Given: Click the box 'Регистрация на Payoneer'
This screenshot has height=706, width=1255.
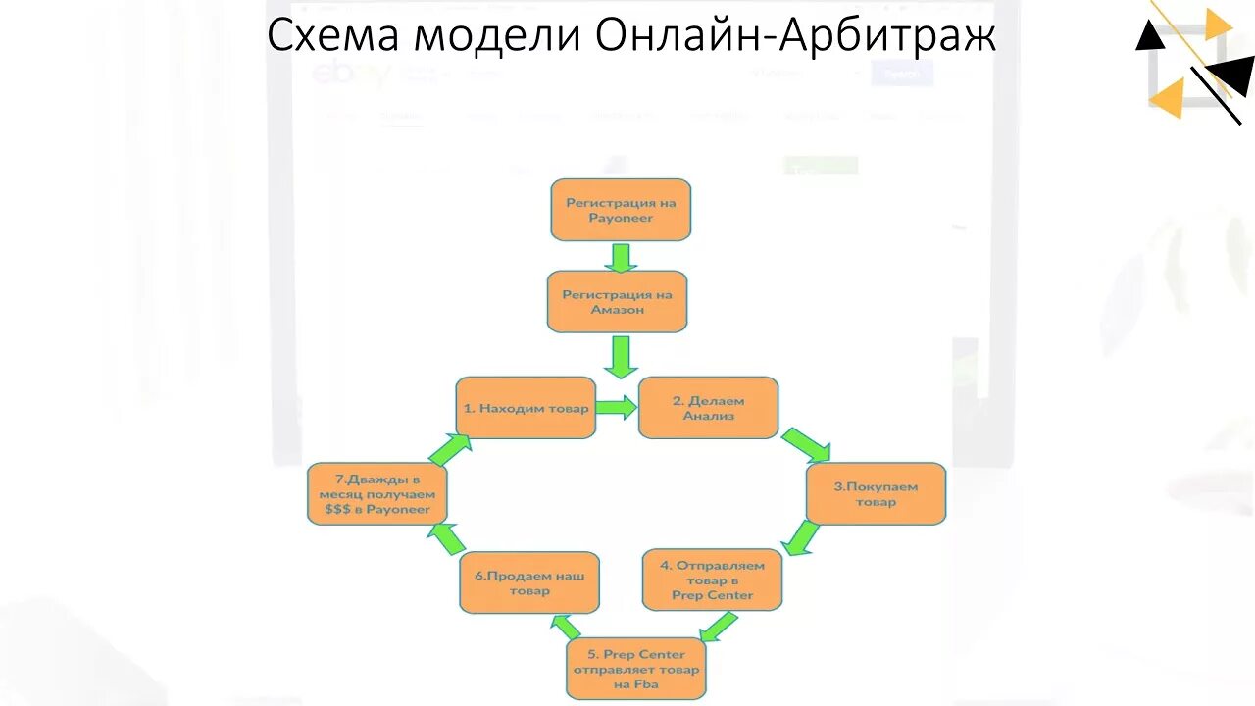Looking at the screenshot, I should click(621, 210).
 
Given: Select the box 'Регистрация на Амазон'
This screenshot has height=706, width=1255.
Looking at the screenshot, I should click(617, 301).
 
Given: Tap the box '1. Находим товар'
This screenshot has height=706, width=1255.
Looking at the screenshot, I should click(526, 408).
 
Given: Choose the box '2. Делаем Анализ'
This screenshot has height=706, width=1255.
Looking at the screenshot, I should click(708, 408).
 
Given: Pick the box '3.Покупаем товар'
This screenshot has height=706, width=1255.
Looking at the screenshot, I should click(876, 493).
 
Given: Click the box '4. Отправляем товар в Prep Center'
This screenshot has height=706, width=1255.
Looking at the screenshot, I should click(712, 580).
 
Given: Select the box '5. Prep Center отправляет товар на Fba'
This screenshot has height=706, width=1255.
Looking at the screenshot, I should click(636, 669).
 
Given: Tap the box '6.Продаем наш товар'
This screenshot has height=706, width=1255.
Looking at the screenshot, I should click(529, 583).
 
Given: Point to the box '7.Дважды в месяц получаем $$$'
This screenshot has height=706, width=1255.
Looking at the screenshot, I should click(377, 494).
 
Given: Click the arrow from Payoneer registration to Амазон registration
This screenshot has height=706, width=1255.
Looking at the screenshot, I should click(620, 257).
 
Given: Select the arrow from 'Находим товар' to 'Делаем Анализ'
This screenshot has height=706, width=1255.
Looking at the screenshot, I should click(616, 408).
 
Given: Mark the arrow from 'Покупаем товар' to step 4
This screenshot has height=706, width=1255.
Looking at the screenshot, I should click(803, 537).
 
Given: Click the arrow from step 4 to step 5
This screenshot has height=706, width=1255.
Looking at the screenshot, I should click(720, 626).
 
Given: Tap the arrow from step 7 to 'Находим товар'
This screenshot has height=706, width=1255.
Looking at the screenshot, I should click(449, 449).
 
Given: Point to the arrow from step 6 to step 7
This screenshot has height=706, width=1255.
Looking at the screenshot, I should click(447, 537).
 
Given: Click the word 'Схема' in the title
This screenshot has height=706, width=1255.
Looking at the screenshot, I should click(330, 37).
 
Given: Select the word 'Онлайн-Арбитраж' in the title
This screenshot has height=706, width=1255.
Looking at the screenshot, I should click(795, 37).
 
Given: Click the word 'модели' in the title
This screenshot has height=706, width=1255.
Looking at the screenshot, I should click(497, 37).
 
